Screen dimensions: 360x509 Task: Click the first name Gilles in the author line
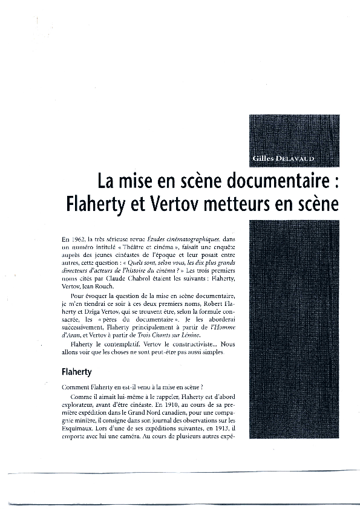tap(262, 158)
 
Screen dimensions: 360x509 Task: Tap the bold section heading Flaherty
tap(76, 371)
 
